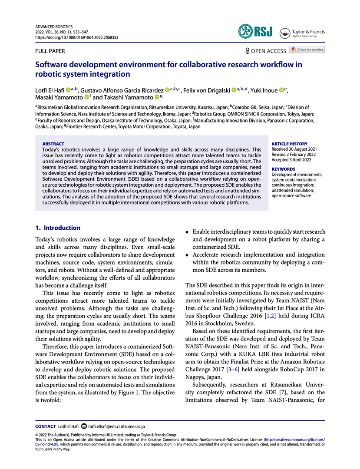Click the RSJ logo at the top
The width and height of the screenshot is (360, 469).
point(254,31)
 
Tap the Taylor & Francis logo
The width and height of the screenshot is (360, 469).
point(303,33)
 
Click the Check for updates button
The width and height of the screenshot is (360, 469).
point(307,50)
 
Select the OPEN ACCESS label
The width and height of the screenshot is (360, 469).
point(265,51)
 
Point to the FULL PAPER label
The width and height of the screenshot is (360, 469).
point(50,51)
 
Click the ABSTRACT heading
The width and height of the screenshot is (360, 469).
point(53,144)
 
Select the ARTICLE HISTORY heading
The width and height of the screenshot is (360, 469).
point(289,144)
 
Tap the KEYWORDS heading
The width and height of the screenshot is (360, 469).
point(283,169)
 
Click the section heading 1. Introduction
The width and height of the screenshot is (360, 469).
point(58,228)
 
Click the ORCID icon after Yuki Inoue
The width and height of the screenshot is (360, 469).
point(281,90)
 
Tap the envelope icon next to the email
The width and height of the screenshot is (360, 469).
point(84,427)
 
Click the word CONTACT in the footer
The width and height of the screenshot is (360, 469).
point(46,427)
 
